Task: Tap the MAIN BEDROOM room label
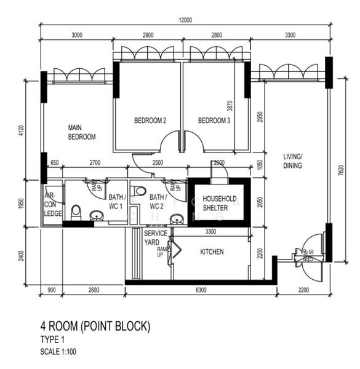point(81,132)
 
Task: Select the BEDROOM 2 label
point(150,121)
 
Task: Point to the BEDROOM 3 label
point(214,121)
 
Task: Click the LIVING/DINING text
point(293,161)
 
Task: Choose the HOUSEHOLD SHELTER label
point(215,204)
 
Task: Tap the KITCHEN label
point(212,252)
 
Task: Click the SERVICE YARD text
point(155,237)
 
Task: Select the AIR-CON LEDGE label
point(53,204)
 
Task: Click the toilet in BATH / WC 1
point(76,213)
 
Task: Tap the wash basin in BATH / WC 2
point(177,219)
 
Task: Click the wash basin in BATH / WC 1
point(97,216)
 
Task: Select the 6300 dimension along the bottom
point(201,290)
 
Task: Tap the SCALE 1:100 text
point(58,352)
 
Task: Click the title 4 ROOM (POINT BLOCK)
point(95,326)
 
